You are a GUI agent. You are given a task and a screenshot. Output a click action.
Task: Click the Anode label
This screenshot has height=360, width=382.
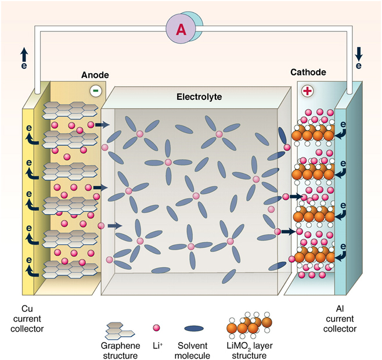pos(95,75)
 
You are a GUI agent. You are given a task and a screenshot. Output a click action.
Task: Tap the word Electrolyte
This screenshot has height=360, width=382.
pos(199,96)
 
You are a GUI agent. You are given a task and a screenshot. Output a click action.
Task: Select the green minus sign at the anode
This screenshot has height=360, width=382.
pos(95,91)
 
